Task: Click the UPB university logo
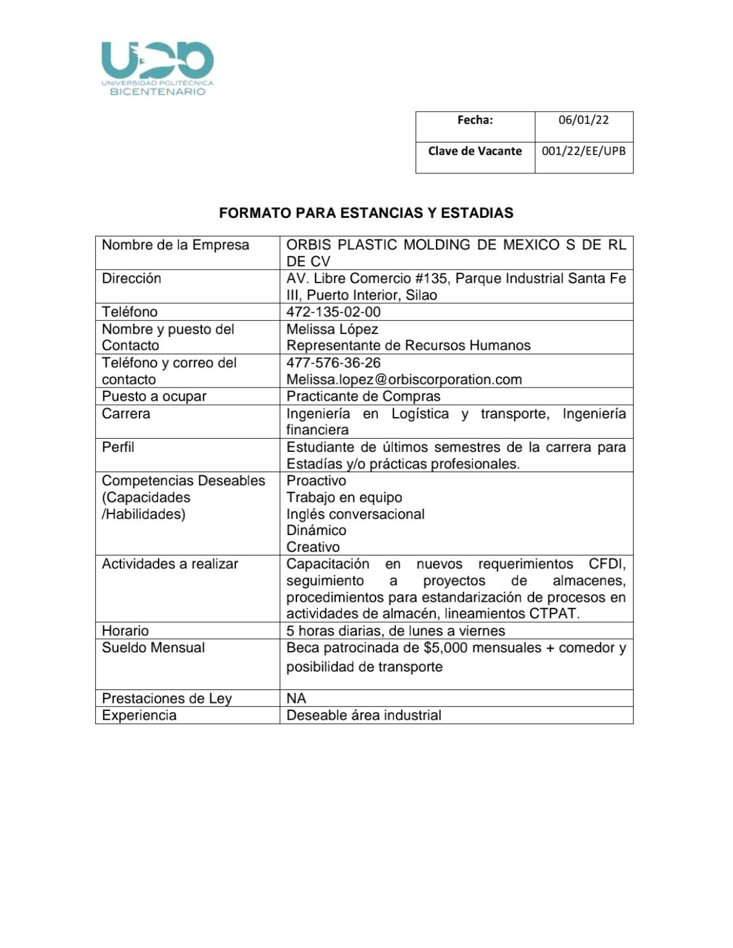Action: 157,69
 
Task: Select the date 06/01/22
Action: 584,120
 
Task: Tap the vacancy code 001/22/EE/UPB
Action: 584,151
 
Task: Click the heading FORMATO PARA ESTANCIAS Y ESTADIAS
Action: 366,213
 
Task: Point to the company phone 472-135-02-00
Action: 333,312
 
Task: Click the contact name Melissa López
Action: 332,329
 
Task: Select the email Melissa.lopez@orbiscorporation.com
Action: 404,380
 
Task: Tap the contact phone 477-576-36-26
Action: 333,363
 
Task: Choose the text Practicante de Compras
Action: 363,396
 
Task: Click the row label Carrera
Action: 126,414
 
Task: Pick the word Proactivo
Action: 316,481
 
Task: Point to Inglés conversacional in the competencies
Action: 355,514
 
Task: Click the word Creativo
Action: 313,547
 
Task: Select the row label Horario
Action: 125,631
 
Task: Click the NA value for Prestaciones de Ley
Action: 296,699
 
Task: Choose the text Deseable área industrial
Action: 364,715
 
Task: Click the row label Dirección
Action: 132,278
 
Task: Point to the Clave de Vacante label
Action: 475,151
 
